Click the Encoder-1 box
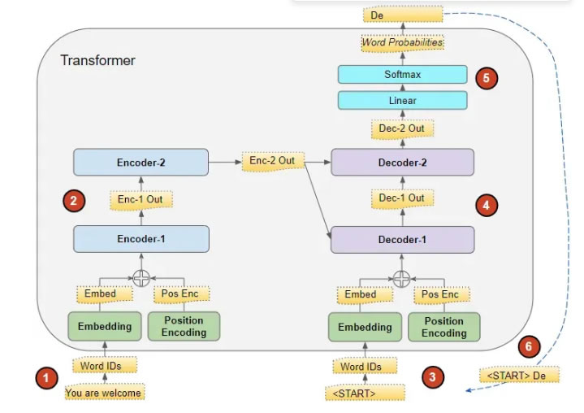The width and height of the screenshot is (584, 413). click(141, 240)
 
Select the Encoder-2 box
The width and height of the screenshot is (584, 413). click(141, 162)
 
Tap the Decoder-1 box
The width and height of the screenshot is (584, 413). click(402, 240)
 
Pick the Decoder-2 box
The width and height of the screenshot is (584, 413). click(402, 162)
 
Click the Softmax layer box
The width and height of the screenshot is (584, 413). click(403, 76)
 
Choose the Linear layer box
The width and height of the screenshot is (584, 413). click(403, 100)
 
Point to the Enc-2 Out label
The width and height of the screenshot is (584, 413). click(271, 161)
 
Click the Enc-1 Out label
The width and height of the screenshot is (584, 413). click(142, 199)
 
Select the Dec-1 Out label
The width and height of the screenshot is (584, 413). click(403, 198)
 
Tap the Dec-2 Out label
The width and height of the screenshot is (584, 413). click(403, 128)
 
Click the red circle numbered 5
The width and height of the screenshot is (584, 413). click(487, 78)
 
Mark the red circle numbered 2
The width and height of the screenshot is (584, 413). click(74, 201)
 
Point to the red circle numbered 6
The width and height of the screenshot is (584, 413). click(529, 346)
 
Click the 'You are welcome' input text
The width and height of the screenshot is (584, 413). click(104, 393)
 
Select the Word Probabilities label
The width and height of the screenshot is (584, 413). click(403, 41)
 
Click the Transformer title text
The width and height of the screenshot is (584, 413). click(97, 61)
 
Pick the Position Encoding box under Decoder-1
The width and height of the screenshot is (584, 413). click(443, 327)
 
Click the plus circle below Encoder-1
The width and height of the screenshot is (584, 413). click(142, 276)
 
